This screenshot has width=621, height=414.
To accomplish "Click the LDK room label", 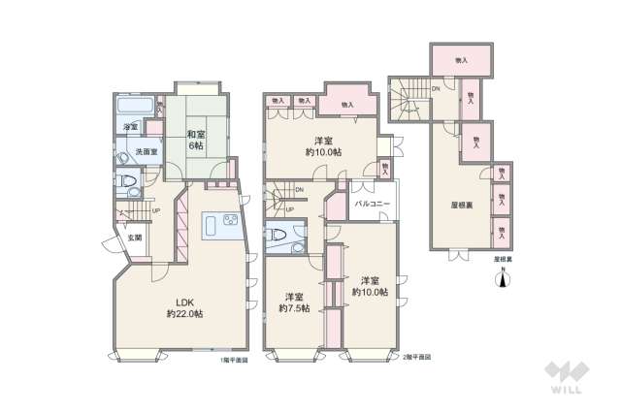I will pyautogui.click(x=183, y=302).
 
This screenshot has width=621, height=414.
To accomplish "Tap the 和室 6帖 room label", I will pyautogui.click(x=195, y=140).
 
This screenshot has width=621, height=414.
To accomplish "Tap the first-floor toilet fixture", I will pyautogui.click(x=127, y=180).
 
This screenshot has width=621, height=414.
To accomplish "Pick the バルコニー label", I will pyautogui.click(x=373, y=205).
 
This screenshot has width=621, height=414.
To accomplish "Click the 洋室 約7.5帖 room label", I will pyautogui.click(x=293, y=302).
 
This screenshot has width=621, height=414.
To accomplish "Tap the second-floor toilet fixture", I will pyautogui.click(x=278, y=234).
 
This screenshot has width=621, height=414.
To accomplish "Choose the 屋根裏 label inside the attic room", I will pyautogui.click(x=462, y=207).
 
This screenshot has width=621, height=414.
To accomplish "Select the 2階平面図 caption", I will pyautogui.click(x=416, y=361).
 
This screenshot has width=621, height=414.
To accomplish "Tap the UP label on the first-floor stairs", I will pyautogui.click(x=156, y=211).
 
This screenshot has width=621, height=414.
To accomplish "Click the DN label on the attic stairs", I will pyautogui.click(x=437, y=90).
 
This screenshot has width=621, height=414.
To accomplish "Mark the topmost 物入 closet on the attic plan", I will pyautogui.click(x=462, y=60).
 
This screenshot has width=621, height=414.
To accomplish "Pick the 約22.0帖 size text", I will pyautogui.click(x=183, y=314).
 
